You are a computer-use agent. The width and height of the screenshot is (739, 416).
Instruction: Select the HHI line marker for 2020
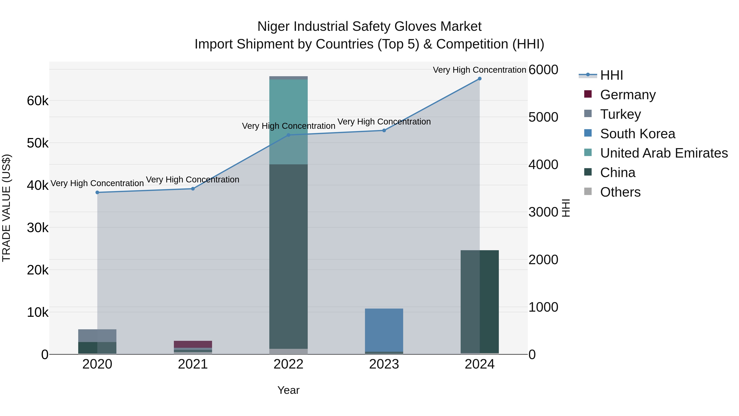click(97, 192)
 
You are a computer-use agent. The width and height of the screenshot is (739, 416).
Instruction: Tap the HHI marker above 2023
click(384, 130)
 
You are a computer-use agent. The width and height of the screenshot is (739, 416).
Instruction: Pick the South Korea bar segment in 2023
click(384, 330)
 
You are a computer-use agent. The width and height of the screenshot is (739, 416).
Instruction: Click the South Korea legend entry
click(637, 134)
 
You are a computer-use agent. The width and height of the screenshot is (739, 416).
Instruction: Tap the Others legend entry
click(620, 192)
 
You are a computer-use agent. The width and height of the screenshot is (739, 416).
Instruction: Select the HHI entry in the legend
click(611, 75)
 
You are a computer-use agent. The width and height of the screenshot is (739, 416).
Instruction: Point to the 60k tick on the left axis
click(38, 101)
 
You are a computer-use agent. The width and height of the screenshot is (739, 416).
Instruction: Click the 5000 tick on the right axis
click(543, 117)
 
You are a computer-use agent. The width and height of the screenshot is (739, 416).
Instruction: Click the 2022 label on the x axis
click(288, 364)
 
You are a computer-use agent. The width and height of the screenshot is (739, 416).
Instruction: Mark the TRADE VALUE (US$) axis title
click(6, 208)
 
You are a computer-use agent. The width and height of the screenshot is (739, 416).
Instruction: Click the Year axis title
click(288, 390)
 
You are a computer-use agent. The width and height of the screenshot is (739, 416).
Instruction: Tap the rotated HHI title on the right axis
click(566, 208)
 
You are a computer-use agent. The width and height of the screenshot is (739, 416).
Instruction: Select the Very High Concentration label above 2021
click(193, 180)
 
